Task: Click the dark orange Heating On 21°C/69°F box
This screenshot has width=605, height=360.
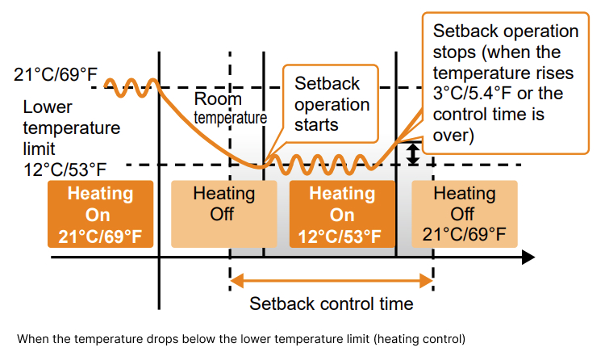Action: coord(100,214)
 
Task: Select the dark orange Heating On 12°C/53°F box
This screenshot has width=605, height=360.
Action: coord(342,214)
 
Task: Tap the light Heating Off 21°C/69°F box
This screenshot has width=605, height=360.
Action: coord(465,214)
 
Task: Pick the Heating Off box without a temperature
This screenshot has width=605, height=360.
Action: coord(224,214)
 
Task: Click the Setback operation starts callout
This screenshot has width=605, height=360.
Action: coord(331,103)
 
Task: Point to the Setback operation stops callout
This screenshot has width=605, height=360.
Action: coord(506,83)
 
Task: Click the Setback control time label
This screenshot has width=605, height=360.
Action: coord(331,304)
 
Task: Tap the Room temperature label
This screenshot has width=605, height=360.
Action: coord(231,108)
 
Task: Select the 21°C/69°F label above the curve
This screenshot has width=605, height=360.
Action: coord(56,74)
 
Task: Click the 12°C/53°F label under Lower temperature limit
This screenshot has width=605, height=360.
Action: coord(65,170)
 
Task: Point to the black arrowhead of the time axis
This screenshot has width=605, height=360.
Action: coord(528,257)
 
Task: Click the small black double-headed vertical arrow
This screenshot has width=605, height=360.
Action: coord(413,154)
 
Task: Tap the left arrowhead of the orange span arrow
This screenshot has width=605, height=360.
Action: coord(237,281)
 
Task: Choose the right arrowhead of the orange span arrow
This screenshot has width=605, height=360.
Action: coord(427,281)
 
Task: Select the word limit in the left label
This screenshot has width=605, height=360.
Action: coord(39,149)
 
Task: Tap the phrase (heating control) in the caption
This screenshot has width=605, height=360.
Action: coord(419,340)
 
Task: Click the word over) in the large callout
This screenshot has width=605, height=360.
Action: coord(453,136)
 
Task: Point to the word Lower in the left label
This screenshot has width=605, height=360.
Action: coord(48,107)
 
